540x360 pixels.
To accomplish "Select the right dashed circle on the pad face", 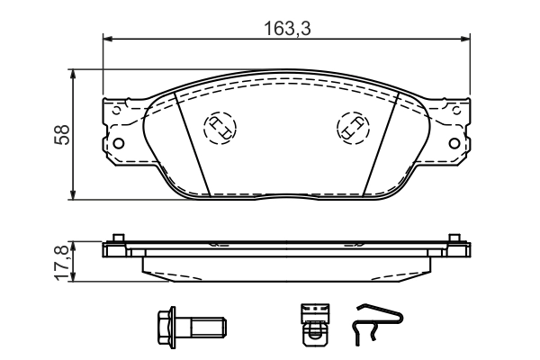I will pos(350,128).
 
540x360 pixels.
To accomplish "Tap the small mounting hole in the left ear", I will pos(116,143).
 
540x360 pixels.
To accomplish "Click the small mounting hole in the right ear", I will pos(456,143).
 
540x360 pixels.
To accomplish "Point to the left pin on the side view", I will pos(116,240).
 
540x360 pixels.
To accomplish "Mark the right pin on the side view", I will pos(456,240).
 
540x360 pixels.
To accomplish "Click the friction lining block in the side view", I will pos(286,267).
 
